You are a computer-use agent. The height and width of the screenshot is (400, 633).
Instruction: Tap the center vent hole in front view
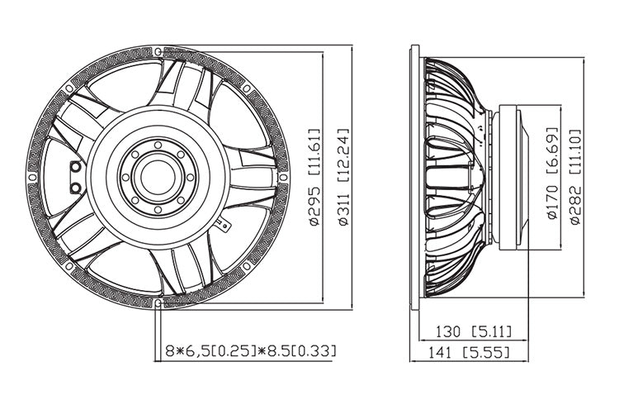click(x=158, y=175)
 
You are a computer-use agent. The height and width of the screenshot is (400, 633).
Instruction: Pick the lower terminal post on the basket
click(x=76, y=188)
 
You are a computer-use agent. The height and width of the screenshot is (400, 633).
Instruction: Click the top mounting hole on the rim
click(x=158, y=51)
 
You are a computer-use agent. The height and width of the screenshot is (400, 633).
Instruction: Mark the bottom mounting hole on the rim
click(x=158, y=302)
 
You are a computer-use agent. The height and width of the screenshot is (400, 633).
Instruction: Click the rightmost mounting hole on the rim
click(x=283, y=176)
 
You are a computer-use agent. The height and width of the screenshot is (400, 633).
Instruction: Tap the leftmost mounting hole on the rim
click(x=32, y=176)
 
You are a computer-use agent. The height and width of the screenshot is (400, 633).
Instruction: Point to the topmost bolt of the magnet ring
click(x=158, y=146)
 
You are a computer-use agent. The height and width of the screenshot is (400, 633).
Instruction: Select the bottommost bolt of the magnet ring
click(x=158, y=206)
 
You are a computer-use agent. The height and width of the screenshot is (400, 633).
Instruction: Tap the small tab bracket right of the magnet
click(x=221, y=223)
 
